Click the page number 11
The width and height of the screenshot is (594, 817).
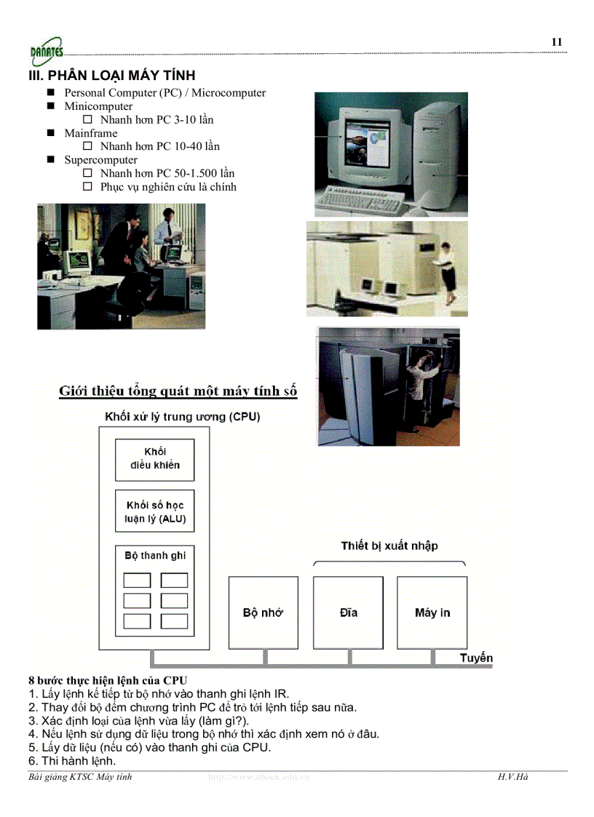click(557, 42)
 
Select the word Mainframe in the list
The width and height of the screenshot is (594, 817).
click(90, 133)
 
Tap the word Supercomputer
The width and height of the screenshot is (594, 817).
click(100, 160)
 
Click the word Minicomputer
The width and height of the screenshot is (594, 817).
click(98, 106)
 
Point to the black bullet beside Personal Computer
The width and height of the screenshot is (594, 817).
click(50, 93)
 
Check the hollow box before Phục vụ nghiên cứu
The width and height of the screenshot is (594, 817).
click(87, 187)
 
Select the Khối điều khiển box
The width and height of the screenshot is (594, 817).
click(155, 459)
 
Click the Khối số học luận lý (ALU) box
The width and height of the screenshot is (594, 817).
click(155, 511)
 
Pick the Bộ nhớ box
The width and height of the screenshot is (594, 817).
click(263, 613)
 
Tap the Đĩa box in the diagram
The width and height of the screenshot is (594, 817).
click(348, 613)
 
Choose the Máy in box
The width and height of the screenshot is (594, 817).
click(432, 613)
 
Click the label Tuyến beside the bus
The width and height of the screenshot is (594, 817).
click(476, 658)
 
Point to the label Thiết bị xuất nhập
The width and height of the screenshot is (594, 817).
click(389, 546)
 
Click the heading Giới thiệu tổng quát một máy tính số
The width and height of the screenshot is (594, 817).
click(178, 391)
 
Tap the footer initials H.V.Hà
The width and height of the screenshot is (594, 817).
click(513, 777)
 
